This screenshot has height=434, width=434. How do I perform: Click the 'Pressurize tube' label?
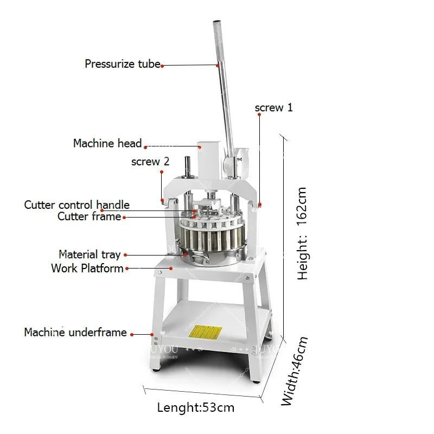[122, 64]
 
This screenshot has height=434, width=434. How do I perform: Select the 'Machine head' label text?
[107, 144]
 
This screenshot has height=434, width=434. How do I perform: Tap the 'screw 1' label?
[274, 107]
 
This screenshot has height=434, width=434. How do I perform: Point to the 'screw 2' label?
[150, 162]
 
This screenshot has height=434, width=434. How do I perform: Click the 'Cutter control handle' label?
[76, 205]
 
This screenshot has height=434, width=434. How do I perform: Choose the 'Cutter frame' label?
[90, 216]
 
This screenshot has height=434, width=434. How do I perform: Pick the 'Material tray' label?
[90, 254]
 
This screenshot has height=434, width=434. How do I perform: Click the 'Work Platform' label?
[87, 268]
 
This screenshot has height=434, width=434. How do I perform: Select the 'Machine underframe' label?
[75, 332]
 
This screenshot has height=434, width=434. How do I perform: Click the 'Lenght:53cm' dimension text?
[196, 407]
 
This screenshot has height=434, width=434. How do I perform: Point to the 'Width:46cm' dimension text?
[295, 371]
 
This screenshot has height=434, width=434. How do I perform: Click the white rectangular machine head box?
[207, 161]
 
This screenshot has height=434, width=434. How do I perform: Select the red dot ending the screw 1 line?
[260, 205]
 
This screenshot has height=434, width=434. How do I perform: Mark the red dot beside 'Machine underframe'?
[152, 334]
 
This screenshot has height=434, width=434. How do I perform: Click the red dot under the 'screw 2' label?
[161, 172]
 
